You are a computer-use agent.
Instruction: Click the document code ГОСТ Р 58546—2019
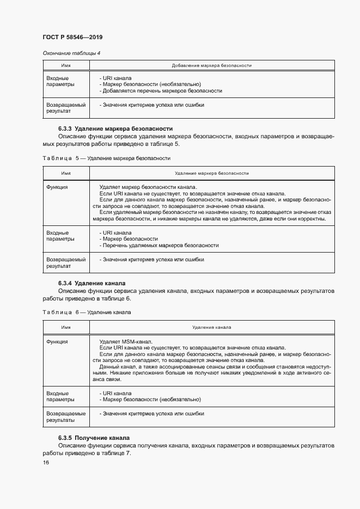[72, 37]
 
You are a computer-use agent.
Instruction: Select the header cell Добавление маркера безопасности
[211, 65]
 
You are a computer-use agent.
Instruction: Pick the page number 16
[46, 462]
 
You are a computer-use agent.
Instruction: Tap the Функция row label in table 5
[57, 187]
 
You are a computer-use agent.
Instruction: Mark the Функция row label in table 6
[57, 341]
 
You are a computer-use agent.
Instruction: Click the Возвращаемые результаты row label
[66, 417]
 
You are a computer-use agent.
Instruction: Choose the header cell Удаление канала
[211, 328]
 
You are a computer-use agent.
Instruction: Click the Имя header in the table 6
[66, 328]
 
